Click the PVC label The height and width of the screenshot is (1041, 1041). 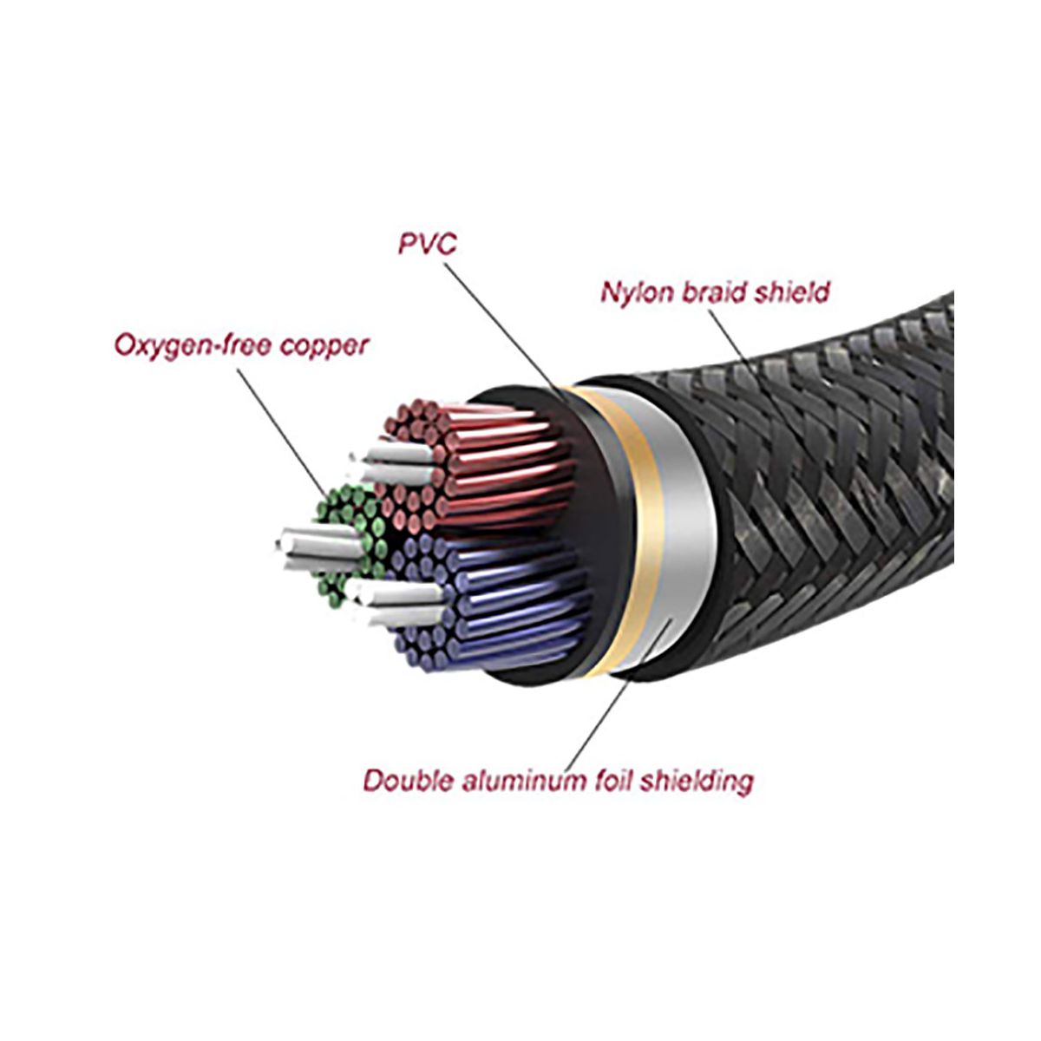point(427,244)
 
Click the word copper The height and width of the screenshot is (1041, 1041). point(323,346)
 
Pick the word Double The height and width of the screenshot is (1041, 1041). point(403,780)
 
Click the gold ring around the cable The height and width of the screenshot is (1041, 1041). point(625,529)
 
